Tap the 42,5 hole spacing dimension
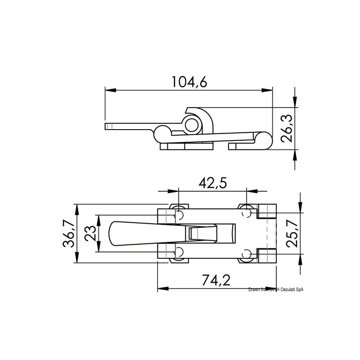(x=213, y=183)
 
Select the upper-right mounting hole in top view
(x=247, y=212)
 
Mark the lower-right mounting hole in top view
(x=247, y=255)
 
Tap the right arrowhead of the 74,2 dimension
(x=272, y=288)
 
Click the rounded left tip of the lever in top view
(x=111, y=234)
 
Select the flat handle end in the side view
(x=108, y=126)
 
